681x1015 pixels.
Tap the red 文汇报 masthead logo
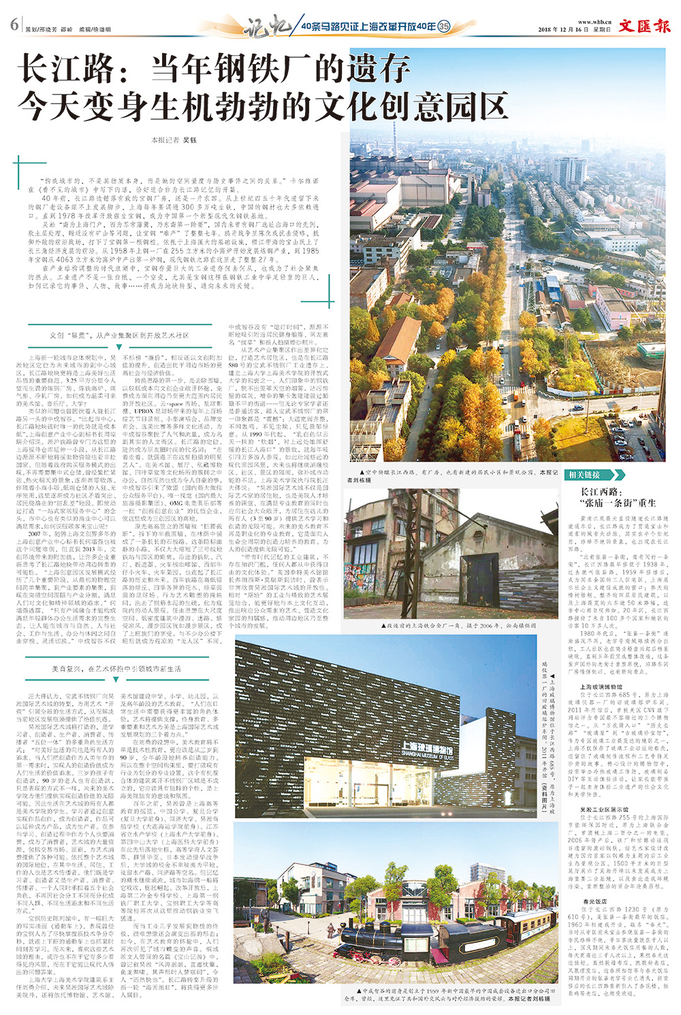coord(644,27)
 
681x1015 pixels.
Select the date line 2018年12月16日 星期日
coord(574,30)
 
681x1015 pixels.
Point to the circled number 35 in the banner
coord(444,27)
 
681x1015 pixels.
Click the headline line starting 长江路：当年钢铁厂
coord(214,69)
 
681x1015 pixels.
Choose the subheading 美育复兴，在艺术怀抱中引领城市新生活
coord(116,669)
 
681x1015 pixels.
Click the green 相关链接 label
coord(585,474)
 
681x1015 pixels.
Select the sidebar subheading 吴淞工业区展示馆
coord(604,810)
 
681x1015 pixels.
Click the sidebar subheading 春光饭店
coord(593,901)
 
